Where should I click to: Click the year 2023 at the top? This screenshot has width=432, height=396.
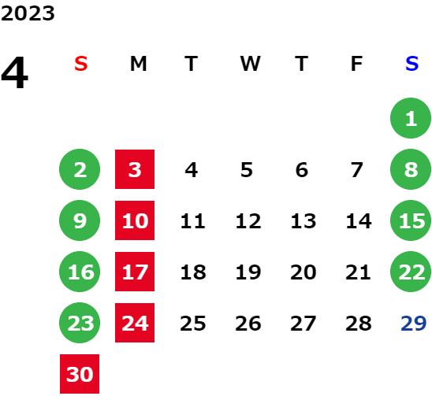(28, 13)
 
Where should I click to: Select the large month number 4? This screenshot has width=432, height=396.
(15, 72)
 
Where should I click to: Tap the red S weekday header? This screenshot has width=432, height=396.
(81, 64)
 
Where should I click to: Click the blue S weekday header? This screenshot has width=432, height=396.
(412, 64)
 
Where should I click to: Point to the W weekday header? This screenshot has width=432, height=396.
(250, 64)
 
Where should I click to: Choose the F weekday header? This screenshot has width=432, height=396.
(356, 64)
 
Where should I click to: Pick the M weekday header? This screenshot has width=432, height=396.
(138, 64)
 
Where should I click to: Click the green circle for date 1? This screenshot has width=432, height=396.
(411, 118)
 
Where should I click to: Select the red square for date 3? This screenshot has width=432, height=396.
(135, 169)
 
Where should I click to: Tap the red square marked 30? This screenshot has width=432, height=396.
(80, 374)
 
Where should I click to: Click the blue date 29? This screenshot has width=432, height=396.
(414, 323)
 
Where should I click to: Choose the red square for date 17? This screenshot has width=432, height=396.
(135, 272)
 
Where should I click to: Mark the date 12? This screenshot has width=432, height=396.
(248, 220)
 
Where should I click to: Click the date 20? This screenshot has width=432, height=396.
(304, 272)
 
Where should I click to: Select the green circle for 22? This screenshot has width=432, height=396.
(411, 272)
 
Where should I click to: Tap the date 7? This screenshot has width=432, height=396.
(357, 170)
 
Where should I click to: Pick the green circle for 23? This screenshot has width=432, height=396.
(80, 323)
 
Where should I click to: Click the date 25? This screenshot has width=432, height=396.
(193, 323)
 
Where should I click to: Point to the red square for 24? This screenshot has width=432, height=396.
(135, 323)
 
